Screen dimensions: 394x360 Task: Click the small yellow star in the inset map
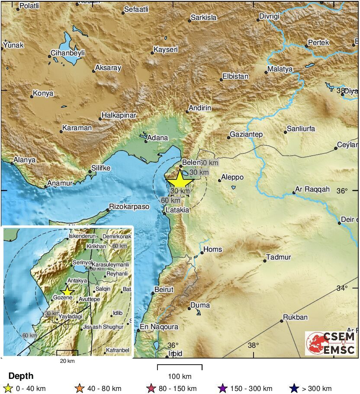67,291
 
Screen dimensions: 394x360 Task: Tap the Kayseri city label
166,50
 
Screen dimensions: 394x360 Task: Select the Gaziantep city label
246,135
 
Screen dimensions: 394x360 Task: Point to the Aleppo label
232,177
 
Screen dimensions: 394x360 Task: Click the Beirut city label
164,289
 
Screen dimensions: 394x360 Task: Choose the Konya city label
43,93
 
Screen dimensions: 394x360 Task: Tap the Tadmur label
279,257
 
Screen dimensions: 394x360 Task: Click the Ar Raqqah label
312,189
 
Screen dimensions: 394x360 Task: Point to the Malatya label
280,69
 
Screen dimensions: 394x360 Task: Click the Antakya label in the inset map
78,281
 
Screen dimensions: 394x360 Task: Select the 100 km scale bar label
180,376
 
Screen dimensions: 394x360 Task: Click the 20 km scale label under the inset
67,361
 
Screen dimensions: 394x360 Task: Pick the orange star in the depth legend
79,388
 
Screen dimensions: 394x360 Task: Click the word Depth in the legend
21,376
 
